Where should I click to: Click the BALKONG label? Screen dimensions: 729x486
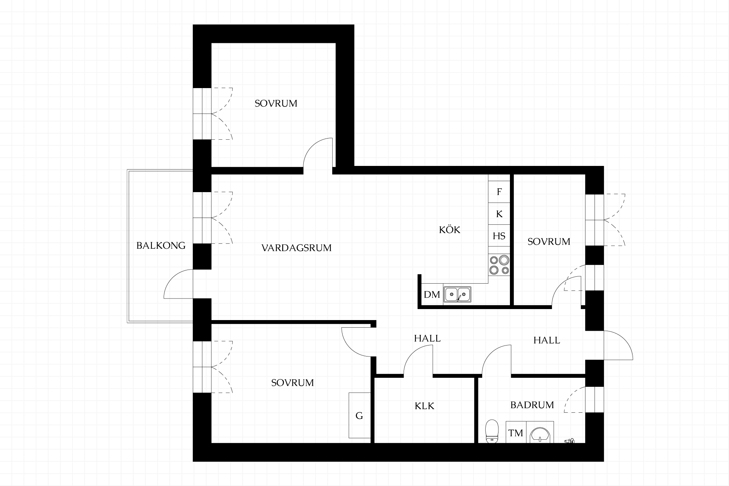(x=161, y=246)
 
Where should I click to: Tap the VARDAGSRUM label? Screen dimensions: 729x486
(x=297, y=248)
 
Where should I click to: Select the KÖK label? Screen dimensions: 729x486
(x=450, y=230)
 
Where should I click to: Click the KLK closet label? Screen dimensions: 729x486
(x=424, y=406)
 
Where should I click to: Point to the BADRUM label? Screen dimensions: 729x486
(x=532, y=405)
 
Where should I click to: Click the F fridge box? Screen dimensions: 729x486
(x=499, y=192)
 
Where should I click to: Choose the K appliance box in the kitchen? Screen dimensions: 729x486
(x=499, y=214)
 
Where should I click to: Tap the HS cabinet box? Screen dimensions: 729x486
(x=499, y=236)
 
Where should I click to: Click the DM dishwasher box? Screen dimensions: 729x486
(x=432, y=294)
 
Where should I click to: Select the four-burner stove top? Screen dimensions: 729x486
(x=499, y=265)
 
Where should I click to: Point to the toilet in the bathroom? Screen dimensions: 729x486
(x=492, y=431)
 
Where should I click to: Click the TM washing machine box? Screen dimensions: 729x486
(x=516, y=433)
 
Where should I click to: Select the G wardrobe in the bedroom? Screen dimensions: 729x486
(x=360, y=415)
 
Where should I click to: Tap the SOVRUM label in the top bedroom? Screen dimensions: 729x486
(x=276, y=103)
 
